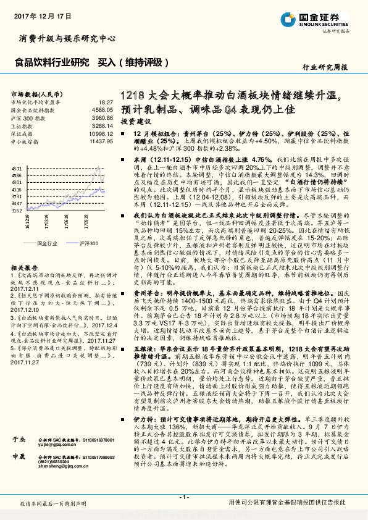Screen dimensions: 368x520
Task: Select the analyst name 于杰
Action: click(17, 438)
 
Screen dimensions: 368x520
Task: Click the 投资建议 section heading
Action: click(132, 122)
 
